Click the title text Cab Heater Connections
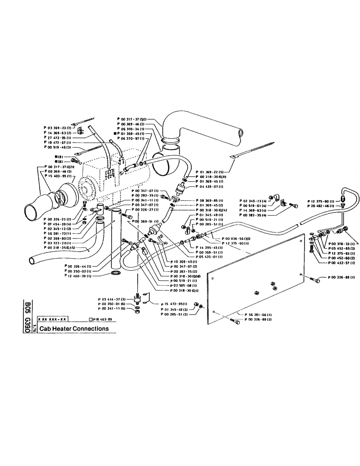[x=74, y=328]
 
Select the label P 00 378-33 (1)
[x=342, y=244]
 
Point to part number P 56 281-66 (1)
[x=259, y=315]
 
